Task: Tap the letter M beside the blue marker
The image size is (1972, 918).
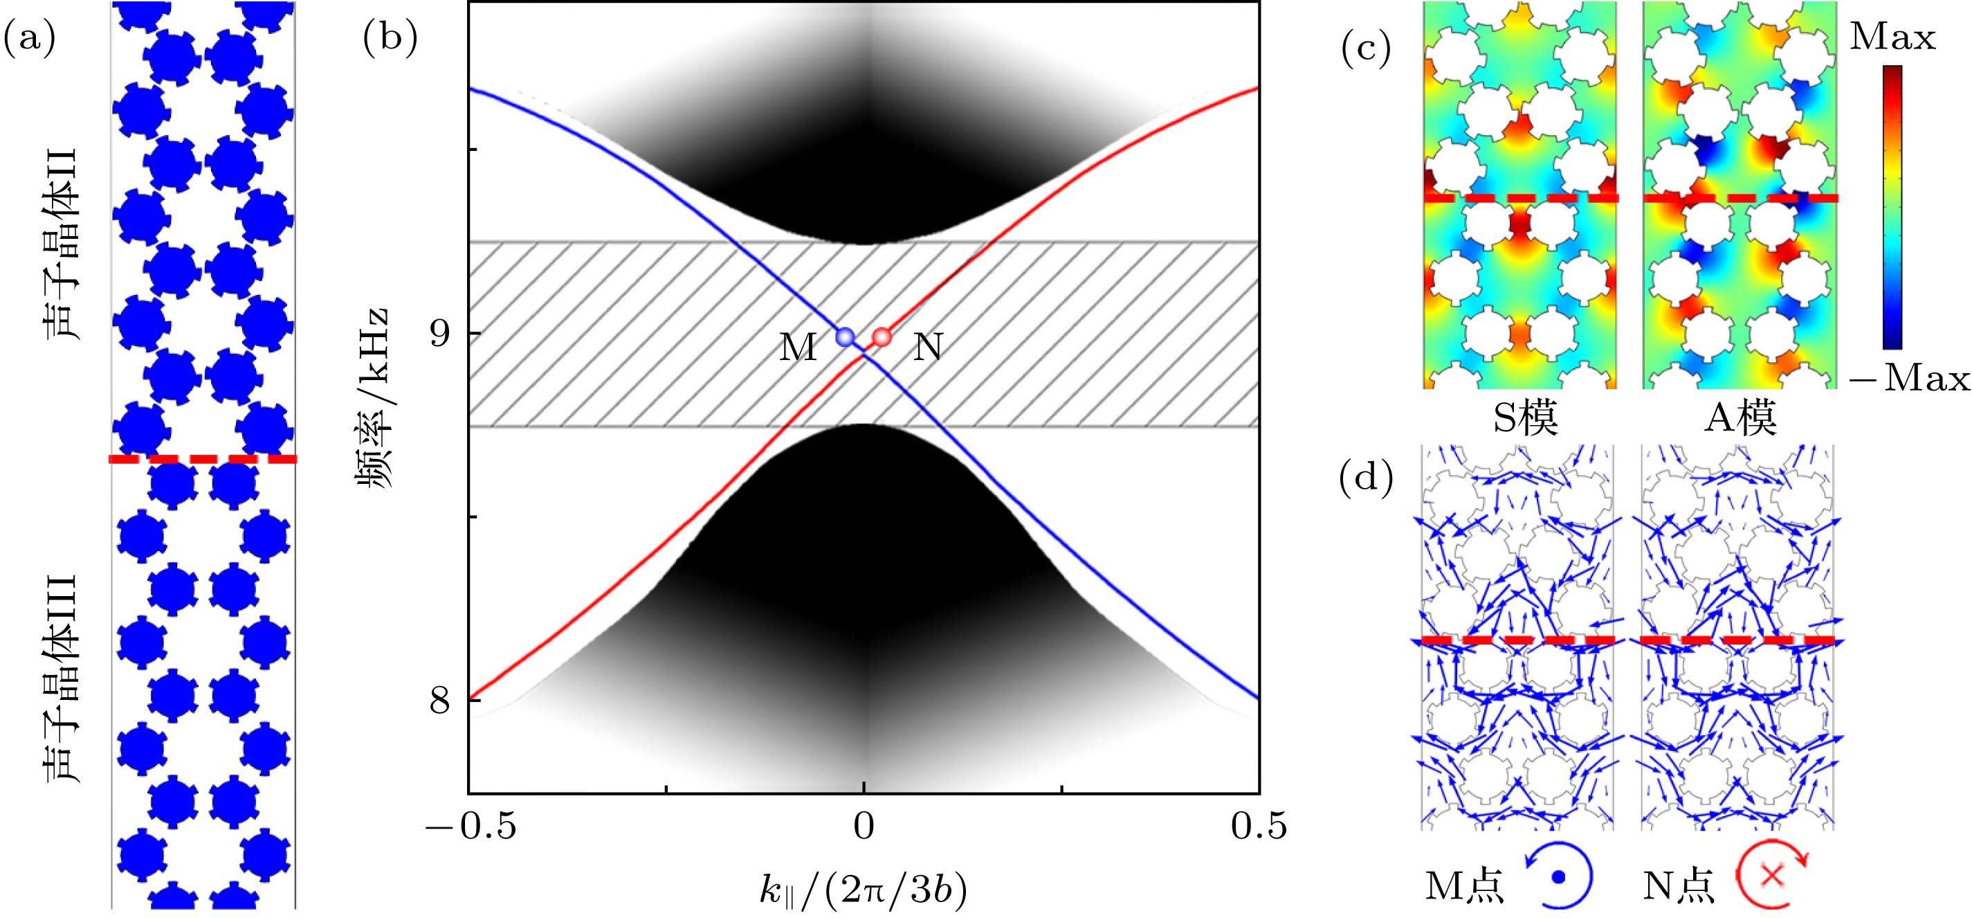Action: (798, 348)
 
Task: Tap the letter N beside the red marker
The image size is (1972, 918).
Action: (928, 348)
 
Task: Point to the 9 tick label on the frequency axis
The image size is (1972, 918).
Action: (439, 334)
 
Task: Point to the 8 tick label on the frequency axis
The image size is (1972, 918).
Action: (439, 701)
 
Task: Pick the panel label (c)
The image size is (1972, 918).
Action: (1365, 50)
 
